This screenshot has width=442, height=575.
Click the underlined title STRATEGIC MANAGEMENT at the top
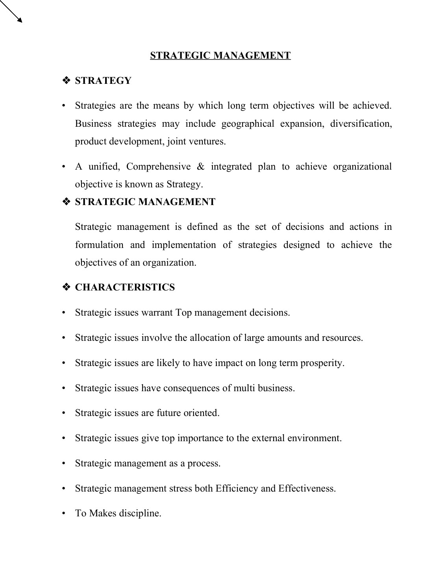click(220, 55)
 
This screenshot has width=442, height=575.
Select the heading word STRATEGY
click(103, 81)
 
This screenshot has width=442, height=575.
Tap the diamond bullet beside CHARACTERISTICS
click(66, 287)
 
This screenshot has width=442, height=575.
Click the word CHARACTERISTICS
click(125, 287)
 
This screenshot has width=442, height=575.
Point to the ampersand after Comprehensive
click(200, 166)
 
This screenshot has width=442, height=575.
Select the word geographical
click(248, 124)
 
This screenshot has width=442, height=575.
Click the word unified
click(104, 166)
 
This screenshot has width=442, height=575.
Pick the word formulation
click(99, 245)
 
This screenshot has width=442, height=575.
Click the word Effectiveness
click(307, 488)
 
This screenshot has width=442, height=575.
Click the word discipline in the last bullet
click(140, 513)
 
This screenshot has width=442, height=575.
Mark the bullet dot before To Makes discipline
click(63, 514)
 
